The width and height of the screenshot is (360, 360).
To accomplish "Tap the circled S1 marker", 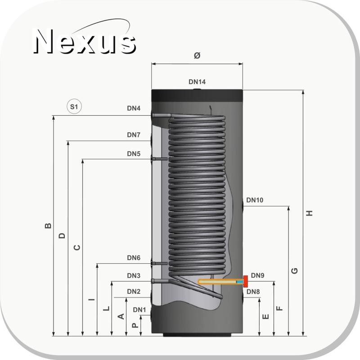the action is (74, 107).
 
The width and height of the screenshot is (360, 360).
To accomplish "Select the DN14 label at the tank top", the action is (197, 82).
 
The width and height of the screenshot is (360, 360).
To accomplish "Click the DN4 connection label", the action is (134, 108).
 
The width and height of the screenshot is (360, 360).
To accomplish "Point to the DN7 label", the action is (134, 135).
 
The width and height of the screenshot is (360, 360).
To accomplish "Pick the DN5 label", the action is (134, 153).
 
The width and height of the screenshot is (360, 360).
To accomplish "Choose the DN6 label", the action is (134, 258).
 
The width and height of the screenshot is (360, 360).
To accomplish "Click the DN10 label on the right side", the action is (255, 200).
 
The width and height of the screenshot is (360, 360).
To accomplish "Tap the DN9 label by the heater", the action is (257, 275).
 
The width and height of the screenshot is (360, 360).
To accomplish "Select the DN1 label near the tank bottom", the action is (139, 310).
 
